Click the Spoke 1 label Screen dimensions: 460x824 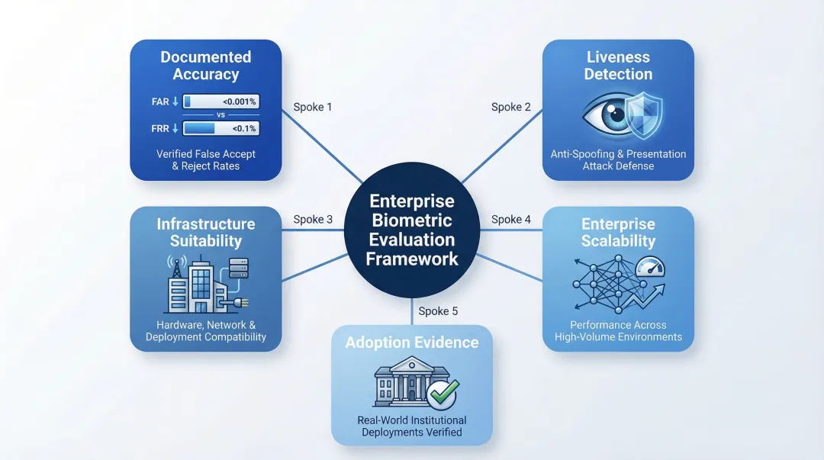click(313, 108)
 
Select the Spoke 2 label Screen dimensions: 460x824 click(511, 108)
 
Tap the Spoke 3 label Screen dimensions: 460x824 click(313, 220)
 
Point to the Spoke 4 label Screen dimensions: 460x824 click(511, 220)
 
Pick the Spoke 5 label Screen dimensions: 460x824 click(438, 311)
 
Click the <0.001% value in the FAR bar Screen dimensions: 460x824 click(240, 101)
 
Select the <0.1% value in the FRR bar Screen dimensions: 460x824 click(244, 128)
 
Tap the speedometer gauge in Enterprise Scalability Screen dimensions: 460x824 click(650, 266)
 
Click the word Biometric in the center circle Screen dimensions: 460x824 click(411, 221)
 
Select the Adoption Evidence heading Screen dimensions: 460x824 click(412, 343)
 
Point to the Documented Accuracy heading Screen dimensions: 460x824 click(205, 66)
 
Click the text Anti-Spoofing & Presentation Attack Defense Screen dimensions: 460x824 click(618, 159)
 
